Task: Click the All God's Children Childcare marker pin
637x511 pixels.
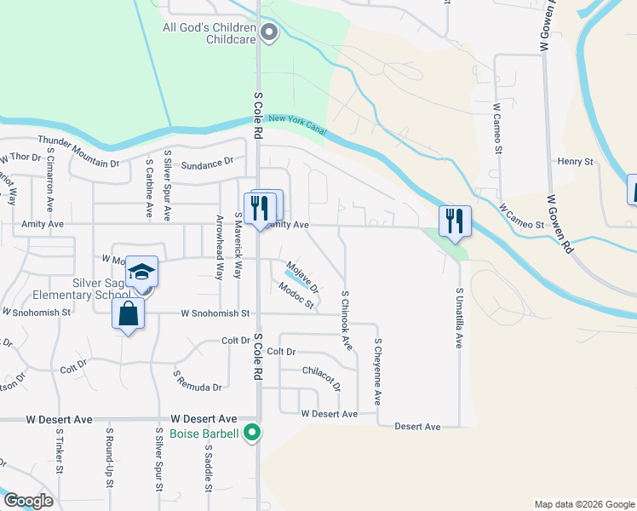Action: point(270,34)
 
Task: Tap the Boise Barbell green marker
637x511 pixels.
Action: point(251,433)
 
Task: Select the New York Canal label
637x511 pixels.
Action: point(292,123)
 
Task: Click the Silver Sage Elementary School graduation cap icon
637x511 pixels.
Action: point(142,273)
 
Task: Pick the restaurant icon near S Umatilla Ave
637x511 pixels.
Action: point(455,221)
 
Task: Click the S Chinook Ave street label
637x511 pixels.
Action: point(346,319)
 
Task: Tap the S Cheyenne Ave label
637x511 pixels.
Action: point(377,371)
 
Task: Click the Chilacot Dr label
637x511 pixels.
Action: point(322,378)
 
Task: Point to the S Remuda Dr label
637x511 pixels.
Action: point(197,381)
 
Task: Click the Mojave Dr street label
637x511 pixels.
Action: point(302,274)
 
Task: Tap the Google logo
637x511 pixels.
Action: point(28,500)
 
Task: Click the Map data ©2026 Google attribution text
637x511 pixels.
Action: point(583,504)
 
